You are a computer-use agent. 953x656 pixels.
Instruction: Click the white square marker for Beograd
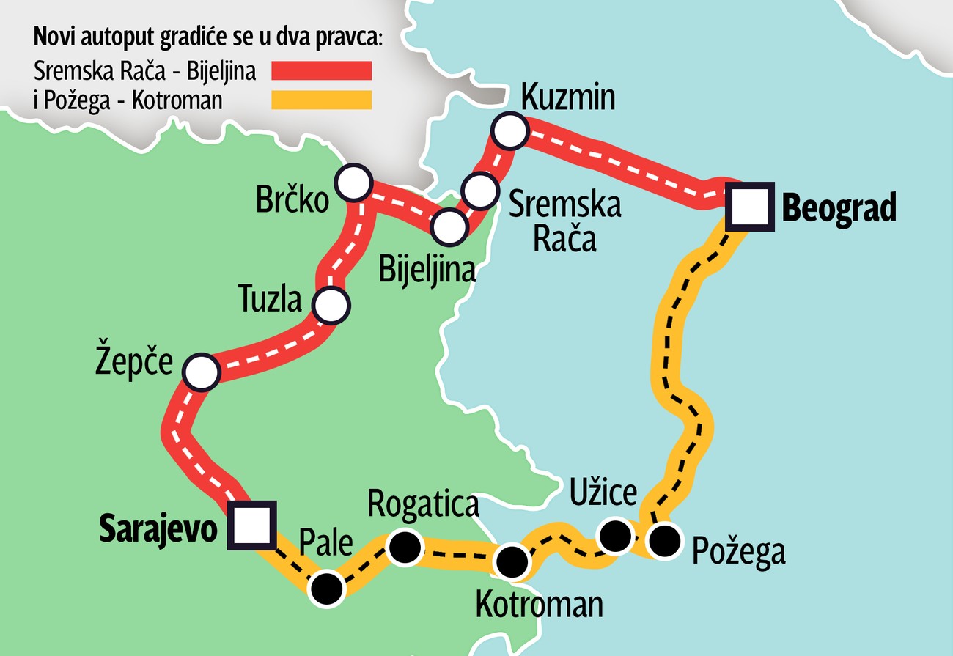tap(750, 207)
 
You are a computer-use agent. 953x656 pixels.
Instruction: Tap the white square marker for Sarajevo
tap(251, 525)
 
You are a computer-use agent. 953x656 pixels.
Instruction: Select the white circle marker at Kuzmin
tap(510, 132)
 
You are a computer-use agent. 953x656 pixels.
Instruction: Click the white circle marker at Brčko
tap(353, 183)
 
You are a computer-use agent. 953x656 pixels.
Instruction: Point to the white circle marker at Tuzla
tap(331, 305)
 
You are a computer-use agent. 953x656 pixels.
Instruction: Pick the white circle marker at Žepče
tap(201, 372)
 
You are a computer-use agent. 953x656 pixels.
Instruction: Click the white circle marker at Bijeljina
tap(449, 226)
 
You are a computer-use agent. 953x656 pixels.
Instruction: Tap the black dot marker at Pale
tap(326, 589)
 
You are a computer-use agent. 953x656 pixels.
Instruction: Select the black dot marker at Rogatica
tap(405, 548)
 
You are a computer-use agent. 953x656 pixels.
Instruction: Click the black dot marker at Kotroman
tap(512, 563)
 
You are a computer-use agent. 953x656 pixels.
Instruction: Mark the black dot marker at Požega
tap(665, 542)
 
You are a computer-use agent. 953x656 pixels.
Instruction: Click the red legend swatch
tap(322, 70)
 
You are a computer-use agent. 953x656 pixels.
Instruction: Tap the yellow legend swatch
tap(322, 100)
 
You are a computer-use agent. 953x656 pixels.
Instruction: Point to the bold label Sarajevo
tap(158, 528)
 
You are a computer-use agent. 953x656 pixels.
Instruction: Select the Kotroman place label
tap(539, 605)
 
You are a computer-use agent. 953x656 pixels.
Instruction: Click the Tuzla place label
tap(271, 299)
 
